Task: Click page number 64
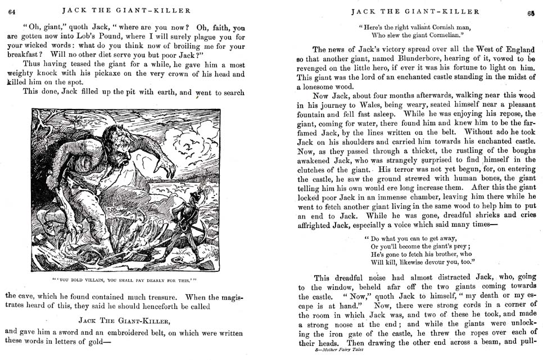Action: tap(11, 10)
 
